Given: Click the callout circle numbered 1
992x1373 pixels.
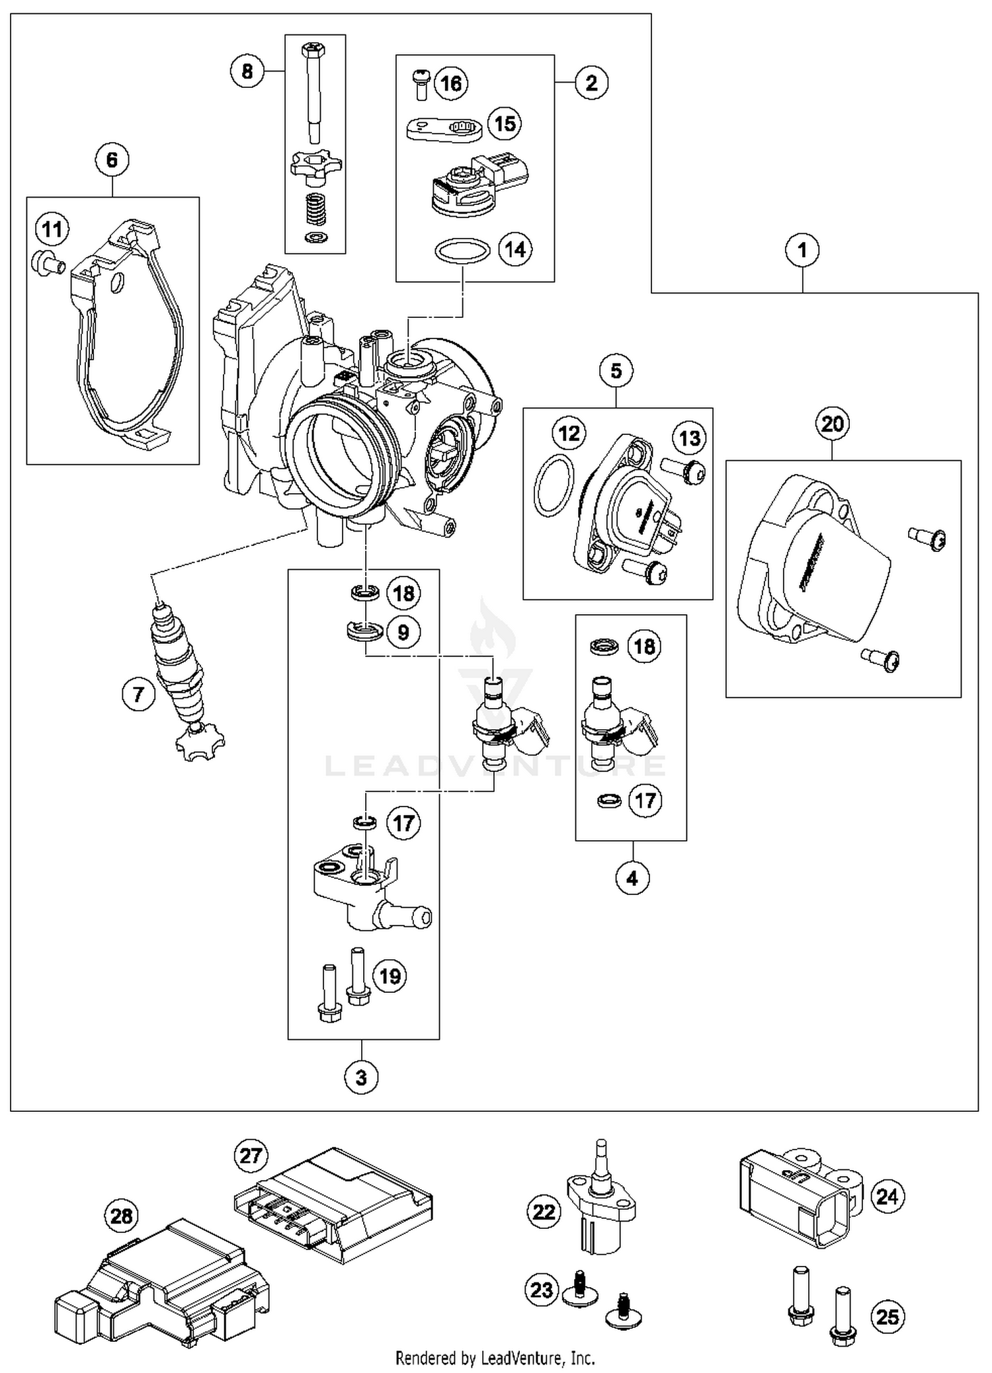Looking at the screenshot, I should pyautogui.click(x=802, y=251).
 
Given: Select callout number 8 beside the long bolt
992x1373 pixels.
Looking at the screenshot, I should pyautogui.click(x=247, y=71).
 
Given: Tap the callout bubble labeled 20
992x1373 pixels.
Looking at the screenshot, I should pyautogui.click(x=832, y=423).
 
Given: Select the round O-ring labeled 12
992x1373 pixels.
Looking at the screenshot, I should pyautogui.click(x=553, y=485).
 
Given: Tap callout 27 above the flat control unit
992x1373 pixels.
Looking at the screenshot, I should pyautogui.click(x=251, y=1156).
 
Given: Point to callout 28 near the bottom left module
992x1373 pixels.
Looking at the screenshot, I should pyautogui.click(x=122, y=1216).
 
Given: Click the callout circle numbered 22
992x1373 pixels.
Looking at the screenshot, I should pyautogui.click(x=544, y=1212).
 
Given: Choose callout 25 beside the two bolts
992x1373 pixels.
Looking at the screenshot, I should pyautogui.click(x=887, y=1316).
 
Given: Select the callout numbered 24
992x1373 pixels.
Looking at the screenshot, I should pyautogui.click(x=887, y=1196).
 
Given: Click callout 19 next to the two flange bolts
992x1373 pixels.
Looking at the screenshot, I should pyautogui.click(x=390, y=976).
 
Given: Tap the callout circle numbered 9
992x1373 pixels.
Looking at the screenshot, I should pyautogui.click(x=403, y=632).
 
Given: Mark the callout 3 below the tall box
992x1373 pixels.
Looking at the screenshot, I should pyautogui.click(x=361, y=1078).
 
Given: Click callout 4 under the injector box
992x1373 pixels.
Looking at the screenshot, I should pyautogui.click(x=632, y=878).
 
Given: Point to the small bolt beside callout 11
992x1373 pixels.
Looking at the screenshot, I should pyautogui.click(x=46, y=263).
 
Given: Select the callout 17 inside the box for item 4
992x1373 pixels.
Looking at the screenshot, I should pyautogui.click(x=644, y=801).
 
